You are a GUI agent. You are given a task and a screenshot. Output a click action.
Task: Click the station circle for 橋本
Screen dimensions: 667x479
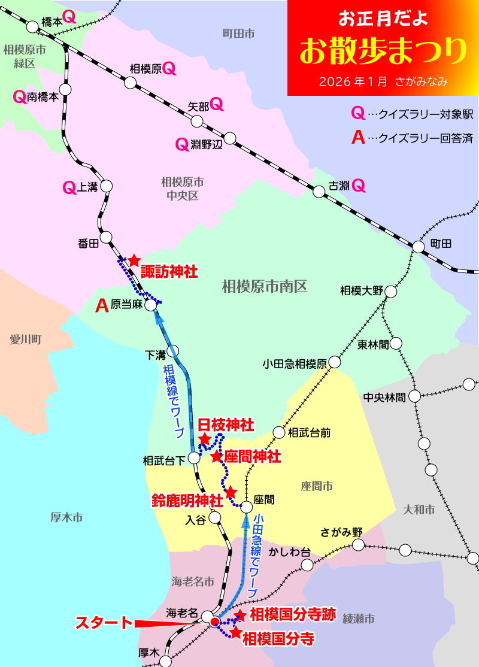[32, 26]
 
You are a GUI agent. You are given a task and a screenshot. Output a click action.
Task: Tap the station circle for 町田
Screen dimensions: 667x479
[419, 246]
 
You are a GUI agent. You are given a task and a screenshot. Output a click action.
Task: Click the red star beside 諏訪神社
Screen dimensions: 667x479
[134, 260]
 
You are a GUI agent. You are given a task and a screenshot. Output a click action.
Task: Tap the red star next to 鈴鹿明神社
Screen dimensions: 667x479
[231, 492]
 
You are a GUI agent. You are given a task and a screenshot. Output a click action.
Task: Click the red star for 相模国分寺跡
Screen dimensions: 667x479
[240, 616]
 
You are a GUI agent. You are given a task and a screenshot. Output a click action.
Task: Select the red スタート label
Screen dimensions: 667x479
[103, 623]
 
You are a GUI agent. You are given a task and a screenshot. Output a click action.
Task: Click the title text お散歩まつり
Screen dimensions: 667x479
[383, 51]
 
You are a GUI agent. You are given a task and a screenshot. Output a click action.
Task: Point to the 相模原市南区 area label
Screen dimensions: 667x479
[264, 287]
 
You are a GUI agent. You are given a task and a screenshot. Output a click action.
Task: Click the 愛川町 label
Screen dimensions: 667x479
[25, 339]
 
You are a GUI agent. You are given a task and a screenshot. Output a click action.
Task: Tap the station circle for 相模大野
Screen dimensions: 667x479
[390, 292]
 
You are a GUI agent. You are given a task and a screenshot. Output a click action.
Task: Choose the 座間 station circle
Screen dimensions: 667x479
[247, 507]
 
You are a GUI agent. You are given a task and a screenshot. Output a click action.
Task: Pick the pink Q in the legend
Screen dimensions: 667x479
[357, 113]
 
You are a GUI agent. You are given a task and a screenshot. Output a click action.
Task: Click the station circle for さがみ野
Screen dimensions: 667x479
[358, 545]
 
